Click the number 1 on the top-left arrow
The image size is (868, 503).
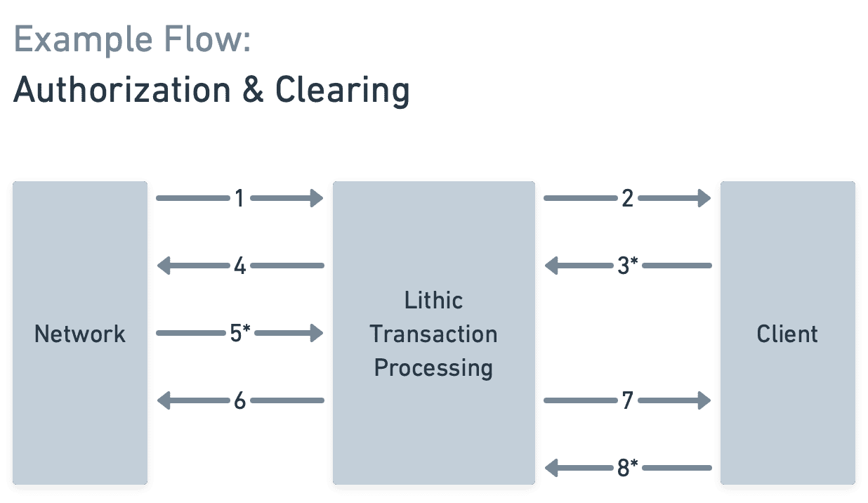click(x=239, y=199)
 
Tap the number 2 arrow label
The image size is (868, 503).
click(x=628, y=199)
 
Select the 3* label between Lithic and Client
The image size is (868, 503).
click(x=626, y=266)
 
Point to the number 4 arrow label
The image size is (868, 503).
click(x=239, y=266)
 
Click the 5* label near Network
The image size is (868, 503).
click(x=240, y=333)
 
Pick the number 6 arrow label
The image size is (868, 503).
click(x=239, y=401)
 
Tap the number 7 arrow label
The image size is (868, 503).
click(x=628, y=400)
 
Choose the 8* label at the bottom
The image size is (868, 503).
click(x=626, y=468)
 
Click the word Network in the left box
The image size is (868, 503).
click(x=80, y=333)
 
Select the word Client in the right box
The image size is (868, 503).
click(x=787, y=334)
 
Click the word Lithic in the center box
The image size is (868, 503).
click(x=433, y=301)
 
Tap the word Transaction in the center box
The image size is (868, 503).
click(x=433, y=334)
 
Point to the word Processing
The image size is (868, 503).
click(x=433, y=367)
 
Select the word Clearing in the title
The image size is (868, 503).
click(x=342, y=91)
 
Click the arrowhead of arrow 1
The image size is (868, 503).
click(x=316, y=199)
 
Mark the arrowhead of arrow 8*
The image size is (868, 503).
click(x=552, y=467)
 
